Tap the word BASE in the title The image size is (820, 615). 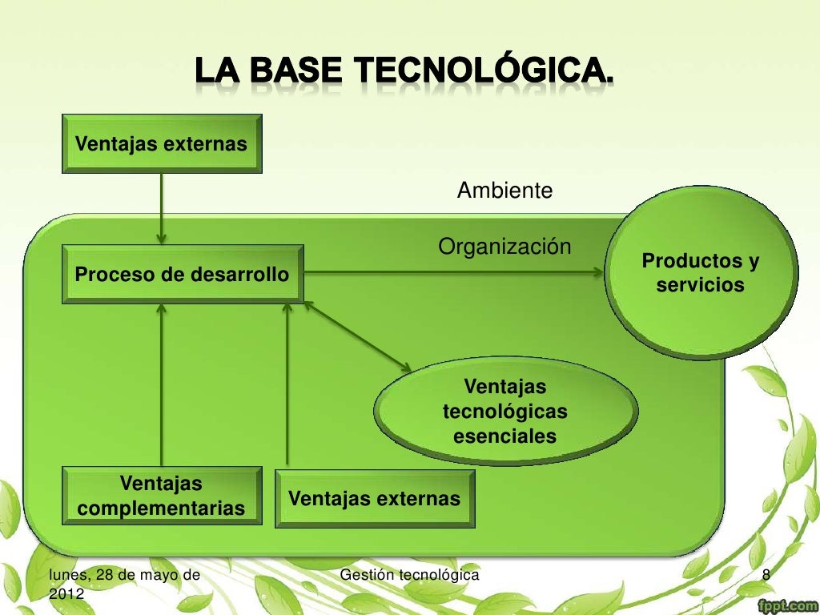coord(299,72)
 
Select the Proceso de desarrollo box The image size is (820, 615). coord(183,275)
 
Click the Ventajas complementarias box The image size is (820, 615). coord(162,496)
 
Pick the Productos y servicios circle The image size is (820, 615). coord(701,274)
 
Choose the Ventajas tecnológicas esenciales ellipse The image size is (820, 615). coord(505,412)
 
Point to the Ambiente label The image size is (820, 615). coord(504,191)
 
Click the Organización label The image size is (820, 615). coord(504,247)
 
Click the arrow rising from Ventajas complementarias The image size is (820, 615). coord(162,384)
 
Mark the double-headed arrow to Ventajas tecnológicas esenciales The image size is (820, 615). coord(357,336)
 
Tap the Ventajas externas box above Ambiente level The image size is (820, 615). coord(162,144)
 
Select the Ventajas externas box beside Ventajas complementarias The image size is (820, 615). coord(375,499)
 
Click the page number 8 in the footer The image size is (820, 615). coord(766,575)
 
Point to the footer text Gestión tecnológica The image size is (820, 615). coord(410,575)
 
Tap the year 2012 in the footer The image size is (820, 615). coord(66,593)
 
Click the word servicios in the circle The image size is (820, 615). coord(701,285)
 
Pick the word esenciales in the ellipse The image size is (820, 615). coord(505,437)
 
